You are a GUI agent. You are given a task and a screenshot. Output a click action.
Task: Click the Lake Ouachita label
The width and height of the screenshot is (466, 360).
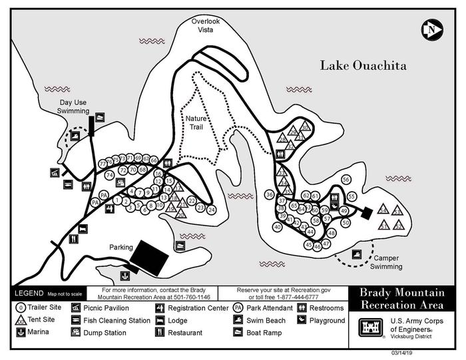363,66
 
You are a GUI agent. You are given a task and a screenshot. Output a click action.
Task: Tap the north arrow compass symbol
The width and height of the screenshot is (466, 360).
433,29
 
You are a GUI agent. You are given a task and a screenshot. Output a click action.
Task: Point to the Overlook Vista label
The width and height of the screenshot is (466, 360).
204,25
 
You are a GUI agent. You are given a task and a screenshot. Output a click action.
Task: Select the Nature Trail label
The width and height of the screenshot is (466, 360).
197,122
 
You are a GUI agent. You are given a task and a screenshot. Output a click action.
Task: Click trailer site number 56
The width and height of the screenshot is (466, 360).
346,180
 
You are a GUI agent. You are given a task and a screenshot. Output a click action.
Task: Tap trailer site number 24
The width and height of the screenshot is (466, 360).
212,210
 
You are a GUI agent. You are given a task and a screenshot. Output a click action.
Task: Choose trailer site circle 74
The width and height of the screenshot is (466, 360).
110,175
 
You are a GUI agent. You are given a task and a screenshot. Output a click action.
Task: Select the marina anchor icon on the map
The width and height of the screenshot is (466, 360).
124,275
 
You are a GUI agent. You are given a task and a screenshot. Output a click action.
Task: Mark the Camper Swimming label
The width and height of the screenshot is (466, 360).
387,262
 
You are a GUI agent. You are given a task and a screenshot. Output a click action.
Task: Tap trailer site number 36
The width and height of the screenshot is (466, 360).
269,194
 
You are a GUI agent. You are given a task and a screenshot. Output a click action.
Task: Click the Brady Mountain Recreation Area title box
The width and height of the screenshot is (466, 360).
401,299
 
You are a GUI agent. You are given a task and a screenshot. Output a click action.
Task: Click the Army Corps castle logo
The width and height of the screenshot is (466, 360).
369,327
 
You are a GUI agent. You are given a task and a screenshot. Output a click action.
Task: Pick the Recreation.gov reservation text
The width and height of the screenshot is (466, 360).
288,290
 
